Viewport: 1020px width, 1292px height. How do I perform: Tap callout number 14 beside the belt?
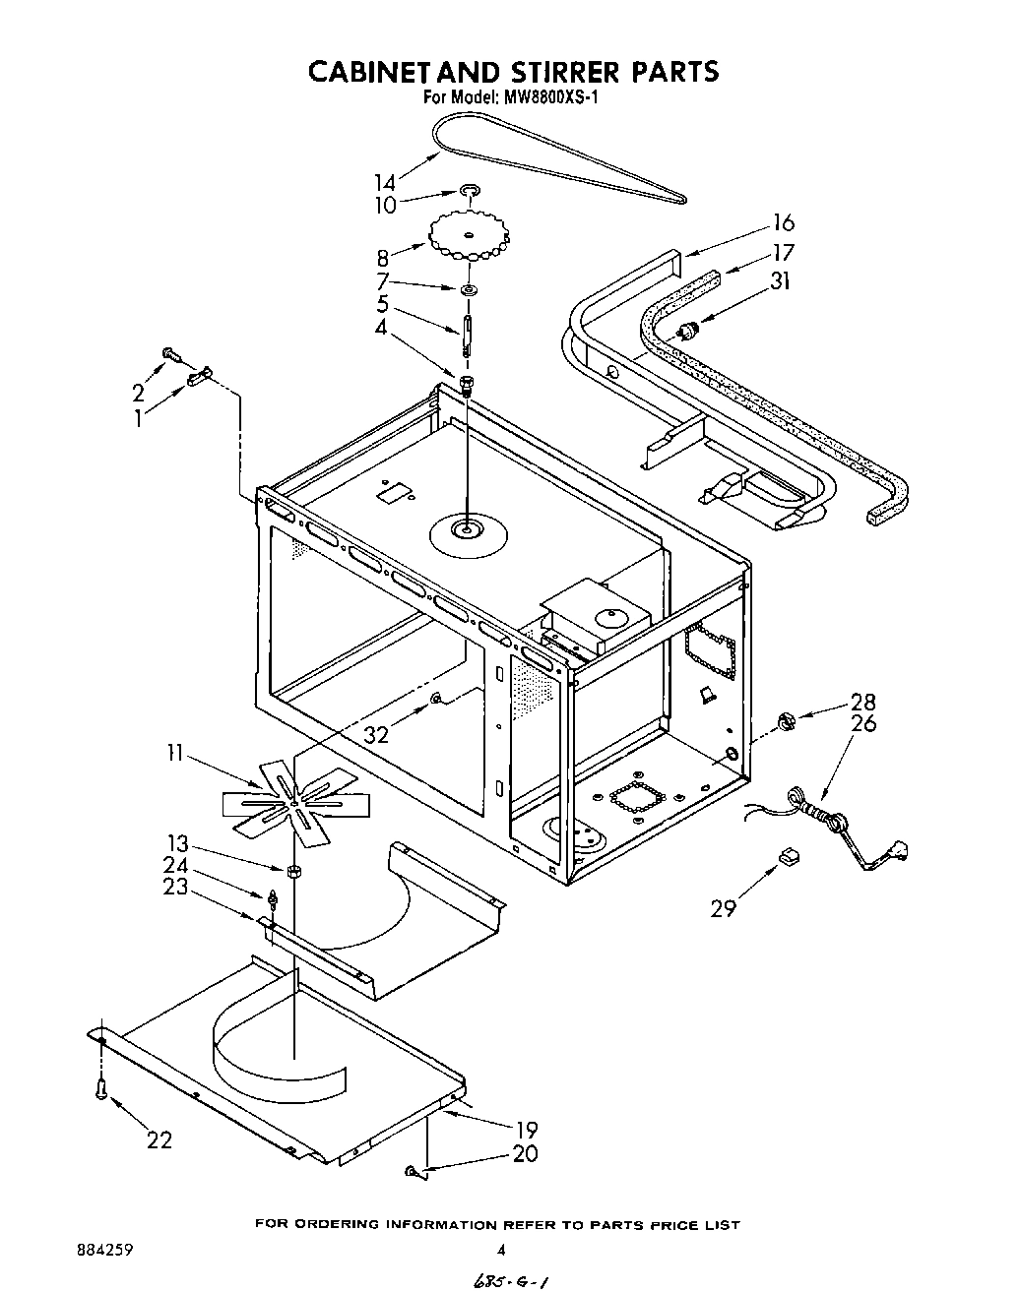385,182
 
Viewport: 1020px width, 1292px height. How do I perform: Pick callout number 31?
780,281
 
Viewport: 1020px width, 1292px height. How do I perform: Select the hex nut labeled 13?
293,871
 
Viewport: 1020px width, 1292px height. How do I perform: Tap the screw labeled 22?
101,1088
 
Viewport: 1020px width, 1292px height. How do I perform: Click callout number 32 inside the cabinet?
377,734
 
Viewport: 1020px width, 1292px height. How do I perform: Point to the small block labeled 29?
788,857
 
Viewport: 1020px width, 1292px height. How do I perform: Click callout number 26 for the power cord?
863,723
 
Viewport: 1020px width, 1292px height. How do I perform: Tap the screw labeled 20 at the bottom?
412,1170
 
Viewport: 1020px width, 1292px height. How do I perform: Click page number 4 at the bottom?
501,1251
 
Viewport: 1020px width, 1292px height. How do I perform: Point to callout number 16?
783,222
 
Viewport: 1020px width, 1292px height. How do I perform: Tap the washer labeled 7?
468,289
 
